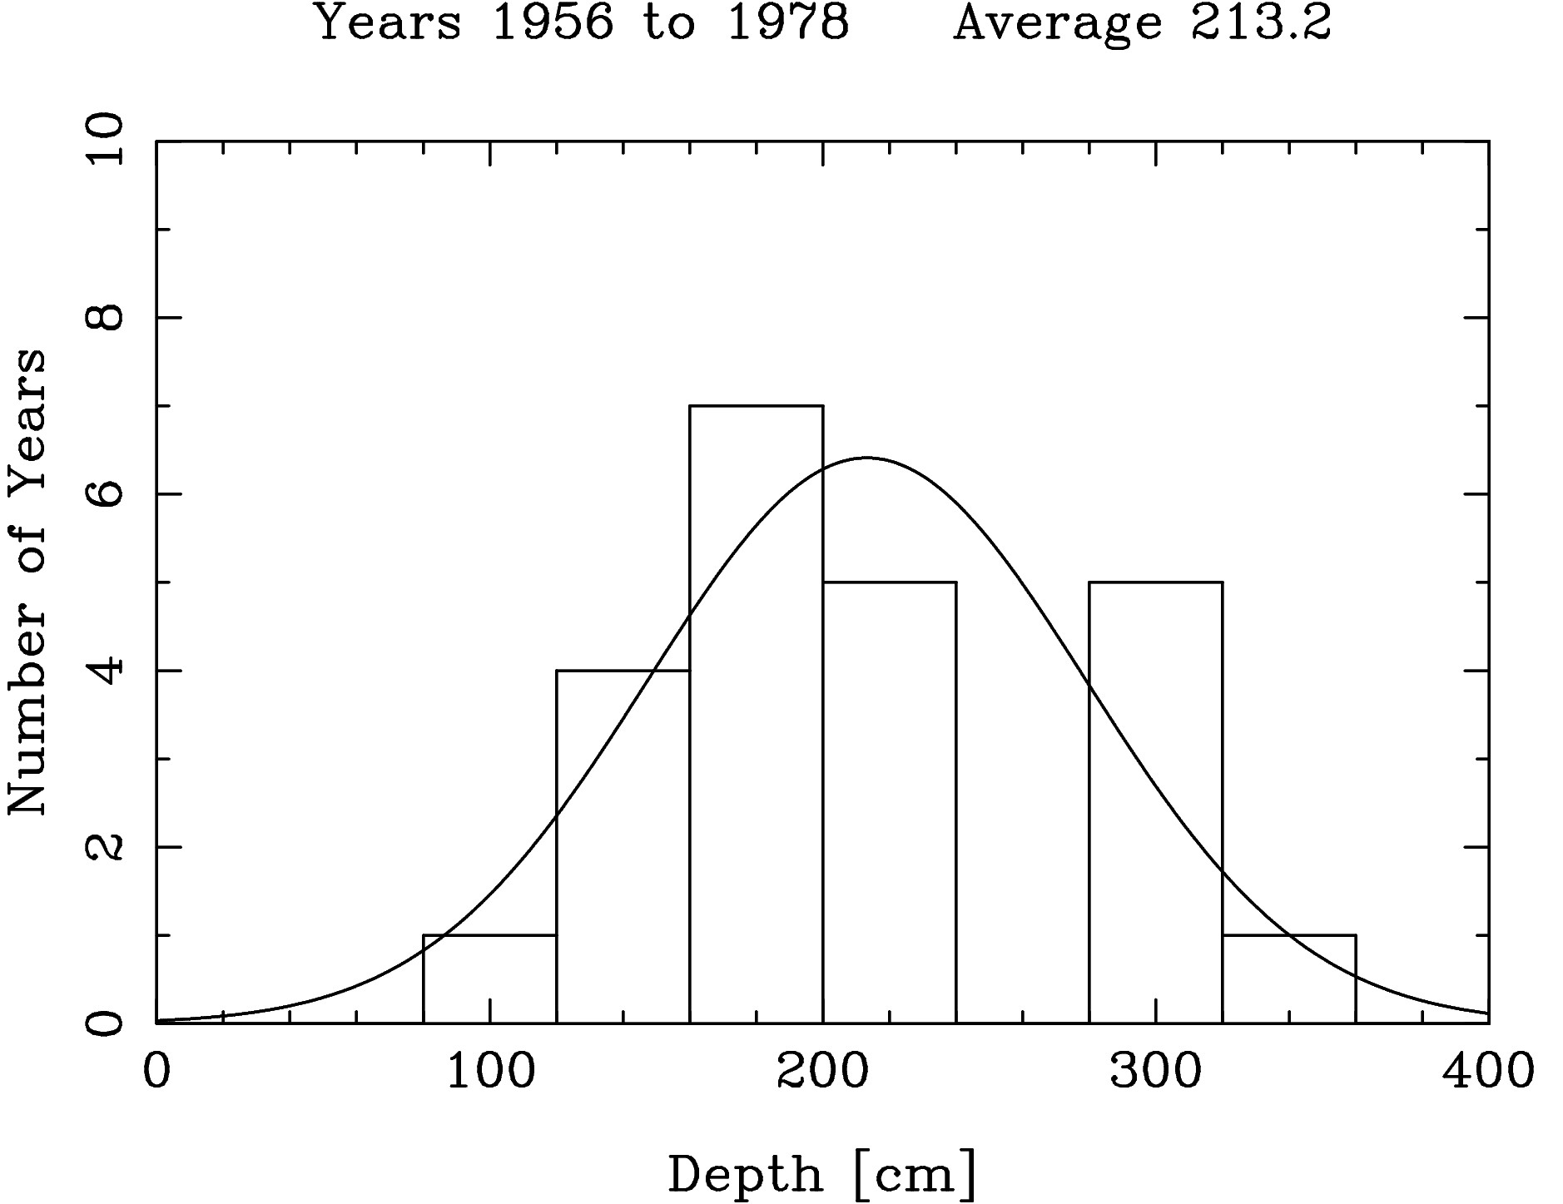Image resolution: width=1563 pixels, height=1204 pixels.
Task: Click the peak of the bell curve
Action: (866, 458)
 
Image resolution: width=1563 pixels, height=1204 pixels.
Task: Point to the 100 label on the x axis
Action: (490, 1071)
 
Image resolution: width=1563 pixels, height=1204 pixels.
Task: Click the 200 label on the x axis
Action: (822, 1071)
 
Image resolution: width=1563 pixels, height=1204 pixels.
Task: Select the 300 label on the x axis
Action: (1155, 1071)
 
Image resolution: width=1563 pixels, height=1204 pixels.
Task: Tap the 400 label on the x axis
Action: (1488, 1071)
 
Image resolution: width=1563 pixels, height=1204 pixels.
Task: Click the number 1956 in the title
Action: (553, 22)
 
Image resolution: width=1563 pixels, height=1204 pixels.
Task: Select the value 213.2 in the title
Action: (1260, 22)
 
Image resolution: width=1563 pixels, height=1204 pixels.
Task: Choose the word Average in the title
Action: (1057, 22)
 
